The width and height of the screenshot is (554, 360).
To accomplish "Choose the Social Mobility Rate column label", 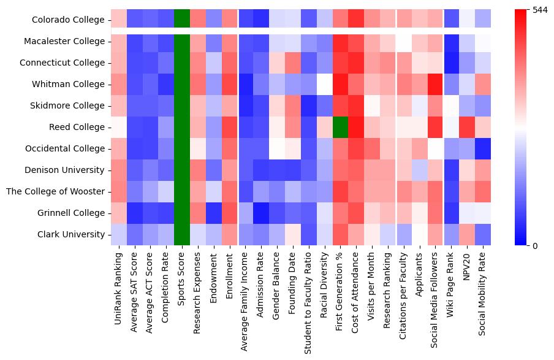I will (x=484, y=291).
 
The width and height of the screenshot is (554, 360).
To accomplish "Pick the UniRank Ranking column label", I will (x=119, y=285).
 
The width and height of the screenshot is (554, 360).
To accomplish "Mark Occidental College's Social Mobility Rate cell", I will (x=484, y=149).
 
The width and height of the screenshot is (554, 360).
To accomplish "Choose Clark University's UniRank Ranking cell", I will (x=119, y=235).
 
